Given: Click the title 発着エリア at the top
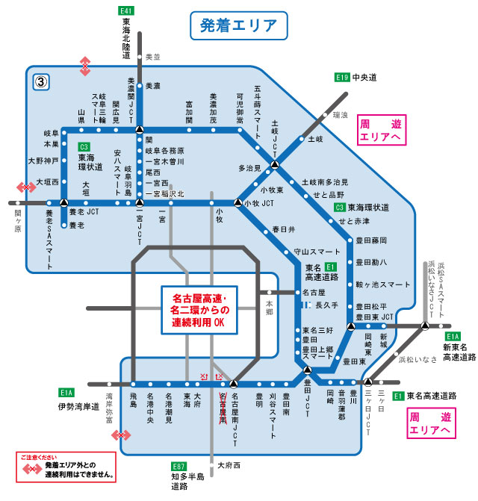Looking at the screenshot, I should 238,25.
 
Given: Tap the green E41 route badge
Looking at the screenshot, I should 126,11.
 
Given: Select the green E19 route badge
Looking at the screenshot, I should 342,77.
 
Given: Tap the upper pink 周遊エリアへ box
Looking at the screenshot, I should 380,131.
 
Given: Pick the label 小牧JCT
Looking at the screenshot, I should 258,203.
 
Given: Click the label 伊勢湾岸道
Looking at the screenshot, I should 78,407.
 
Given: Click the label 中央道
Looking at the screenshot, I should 365,77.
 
